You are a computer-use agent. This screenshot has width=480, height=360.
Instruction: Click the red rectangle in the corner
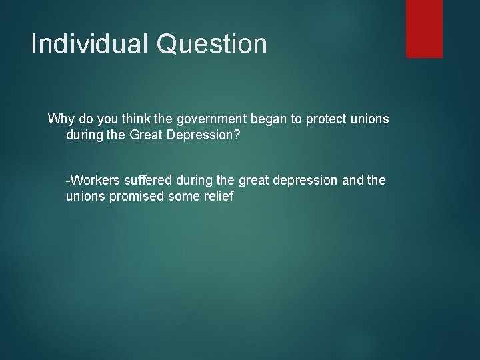pos(424,28)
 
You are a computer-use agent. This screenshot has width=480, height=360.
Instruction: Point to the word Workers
pos(93,180)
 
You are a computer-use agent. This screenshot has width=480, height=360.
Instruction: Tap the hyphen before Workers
pos(68,181)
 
